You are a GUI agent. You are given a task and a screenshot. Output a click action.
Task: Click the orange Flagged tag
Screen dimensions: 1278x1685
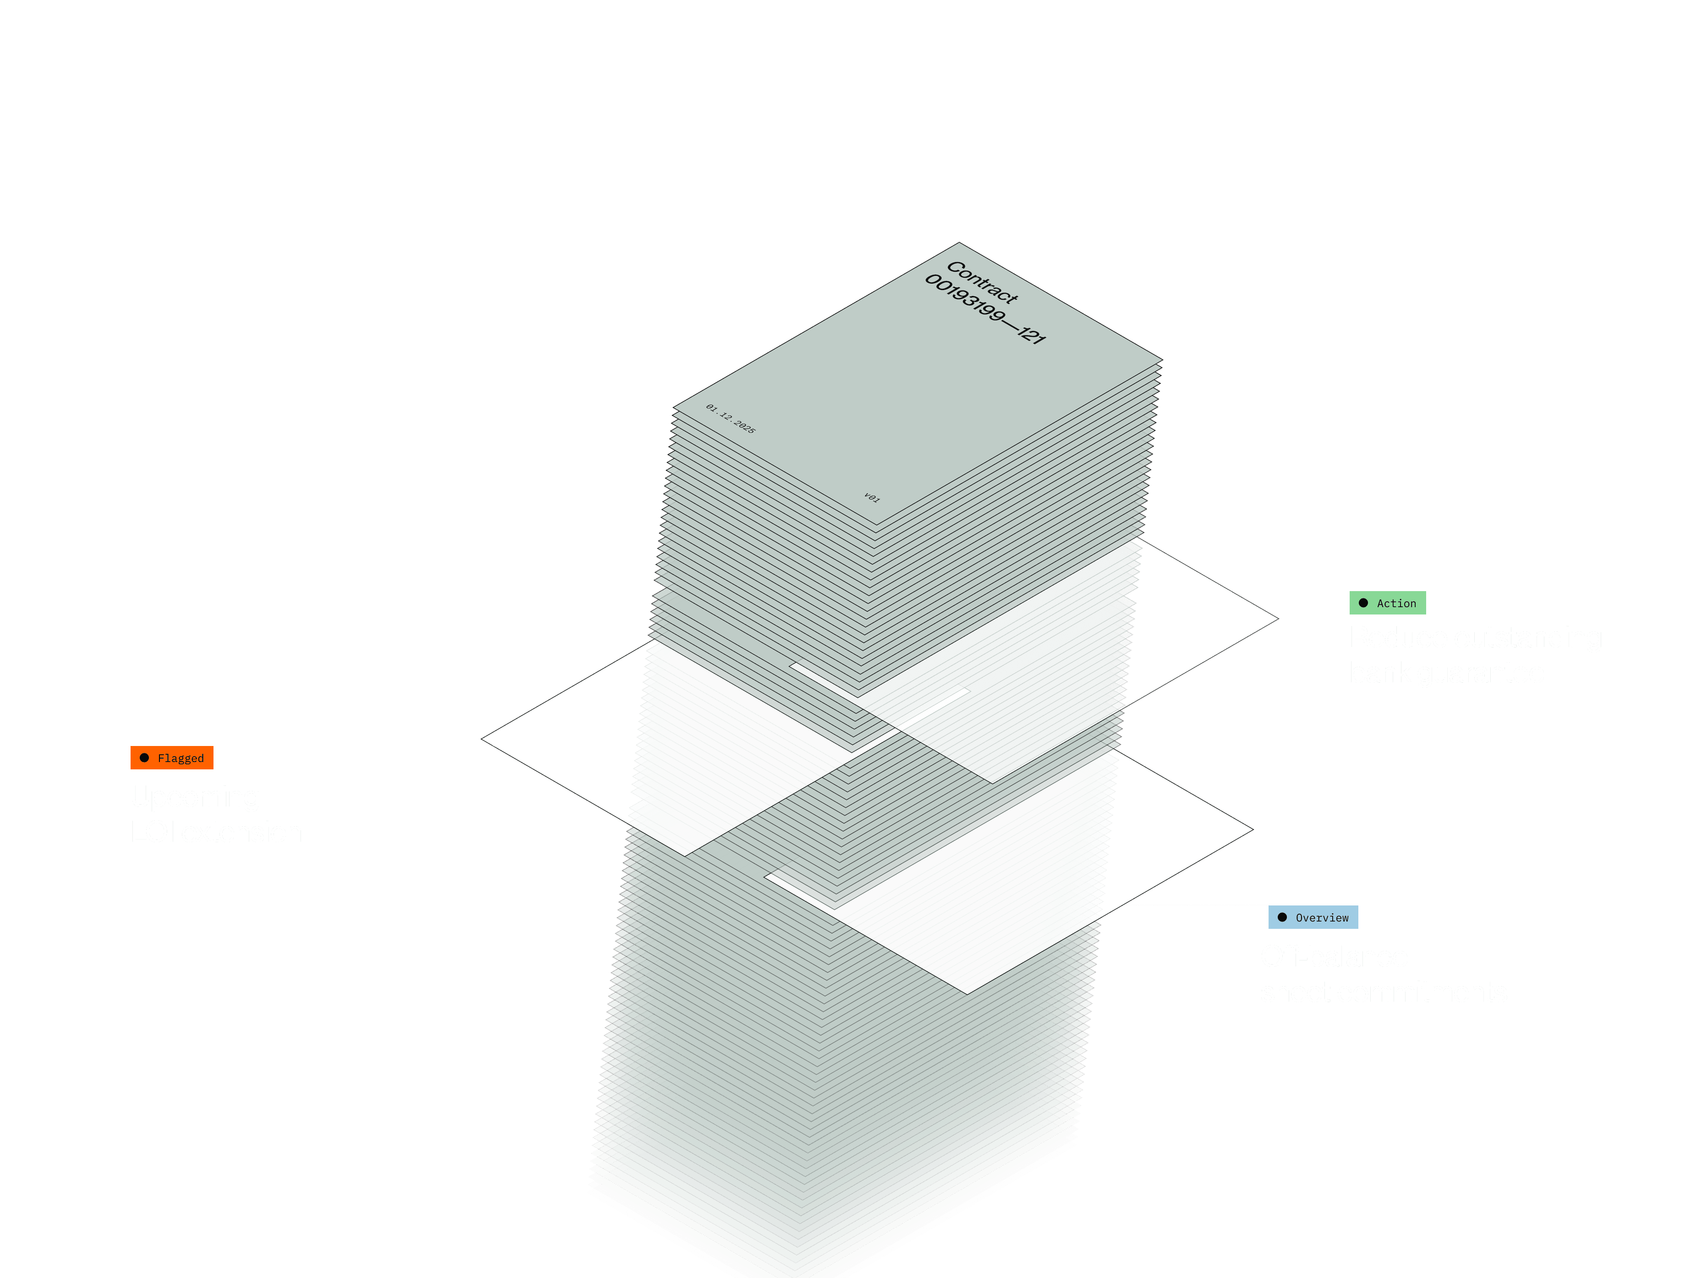coord(172,758)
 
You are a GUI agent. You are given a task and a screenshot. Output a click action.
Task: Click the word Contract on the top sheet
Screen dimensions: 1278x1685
coord(982,282)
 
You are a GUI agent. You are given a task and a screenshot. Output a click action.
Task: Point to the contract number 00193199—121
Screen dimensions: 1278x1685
coord(985,309)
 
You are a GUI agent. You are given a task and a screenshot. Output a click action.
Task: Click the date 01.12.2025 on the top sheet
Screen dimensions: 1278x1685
coord(731,419)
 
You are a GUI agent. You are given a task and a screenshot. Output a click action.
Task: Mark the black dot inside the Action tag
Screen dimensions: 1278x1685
coord(1363,603)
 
